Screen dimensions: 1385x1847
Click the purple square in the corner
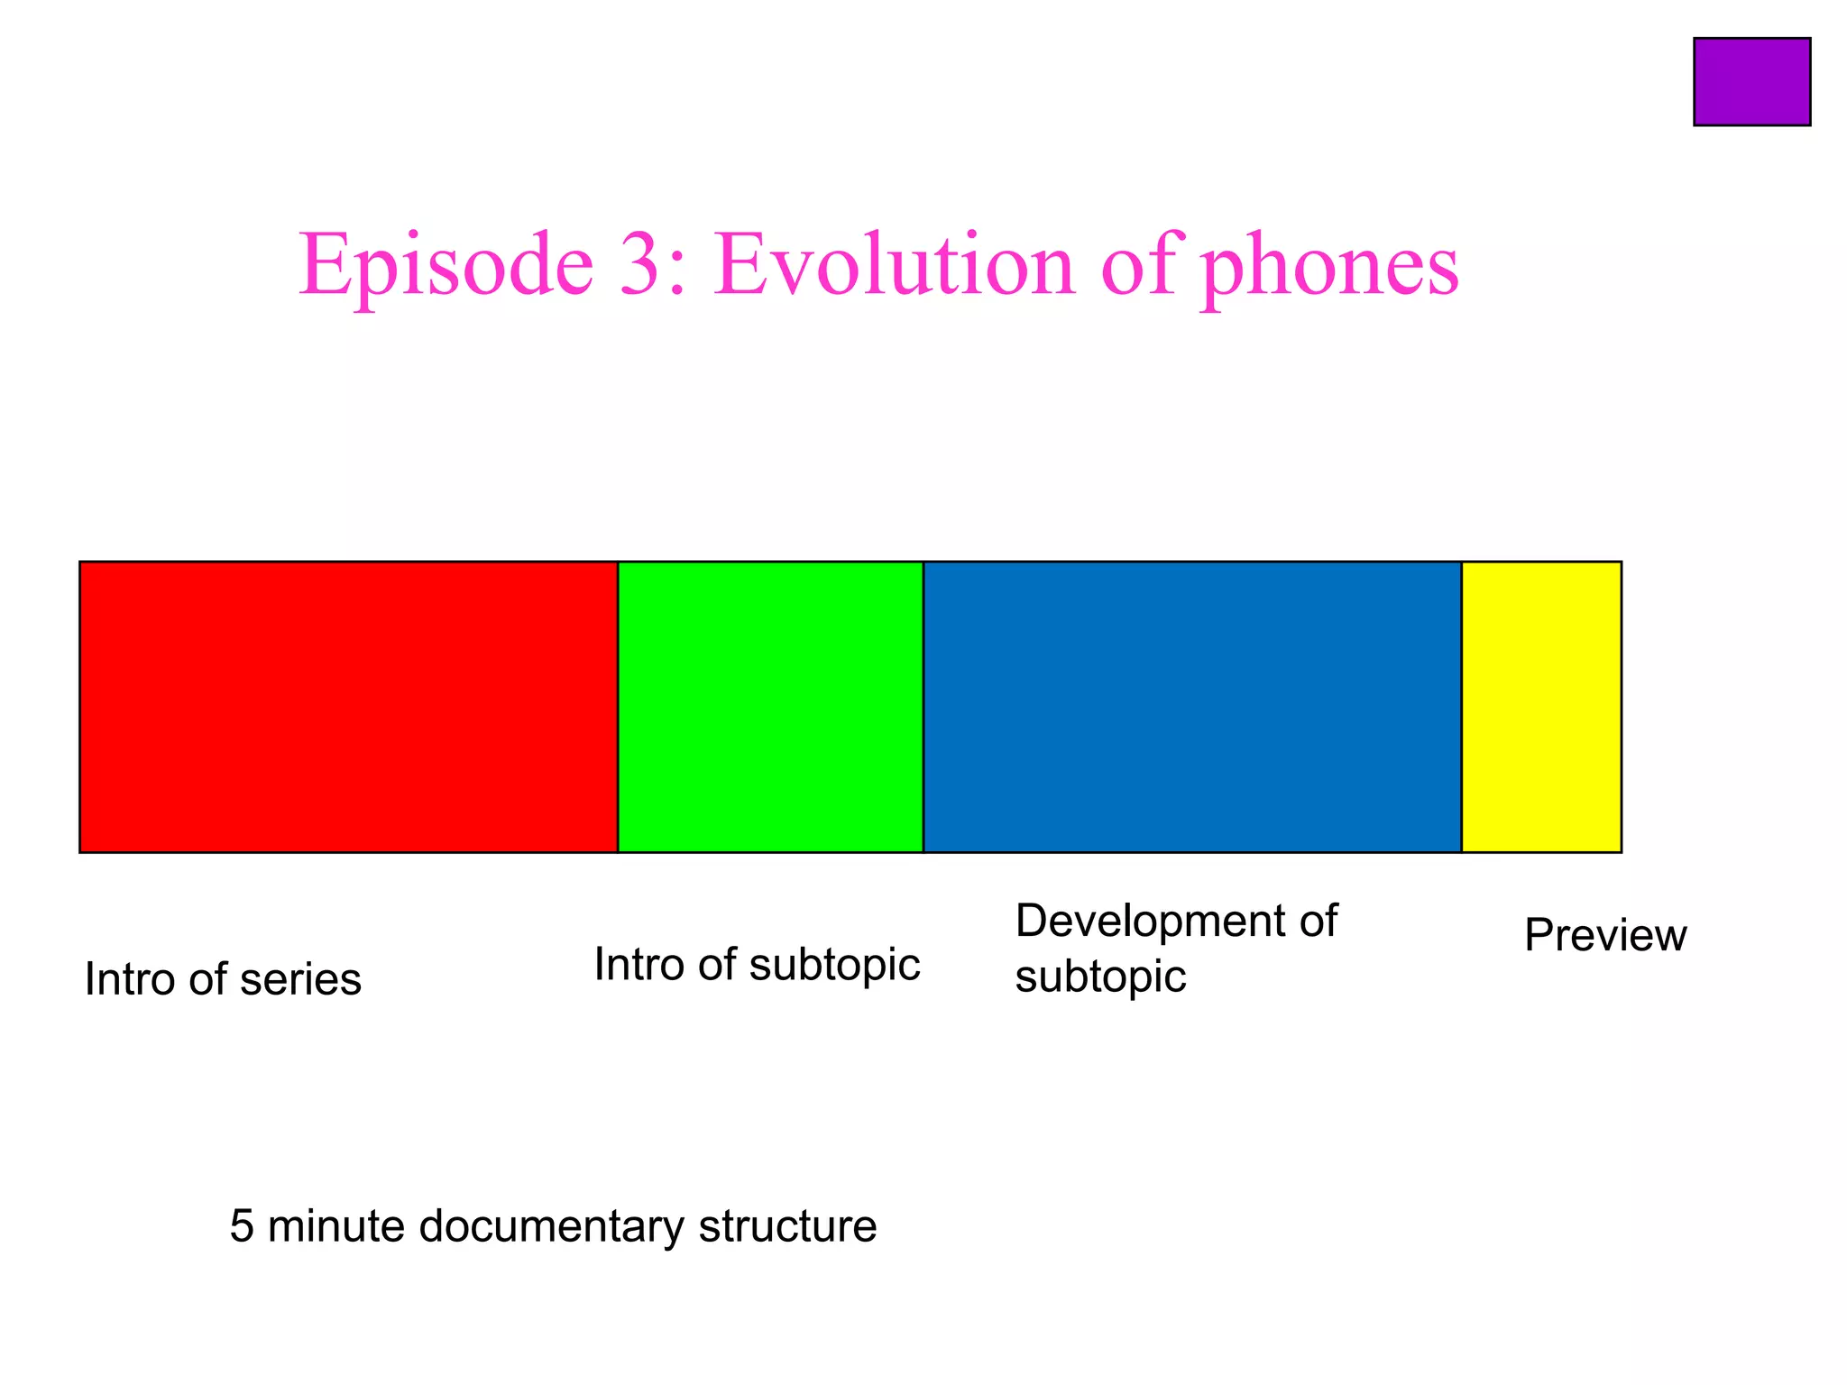(1751, 81)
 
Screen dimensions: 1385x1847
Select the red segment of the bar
(348, 706)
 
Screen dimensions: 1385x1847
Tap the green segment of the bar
(770, 706)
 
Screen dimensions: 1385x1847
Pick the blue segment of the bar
(1191, 706)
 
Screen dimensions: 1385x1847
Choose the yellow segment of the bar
(1541, 706)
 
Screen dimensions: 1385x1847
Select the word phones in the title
(1330, 271)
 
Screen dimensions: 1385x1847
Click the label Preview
(1604, 935)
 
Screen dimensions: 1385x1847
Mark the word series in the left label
(300, 979)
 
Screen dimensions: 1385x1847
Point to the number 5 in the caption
(242, 1227)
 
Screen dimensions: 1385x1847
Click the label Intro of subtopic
(757, 965)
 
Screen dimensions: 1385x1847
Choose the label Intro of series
(223, 979)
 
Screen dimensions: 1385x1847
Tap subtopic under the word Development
(1100, 977)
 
